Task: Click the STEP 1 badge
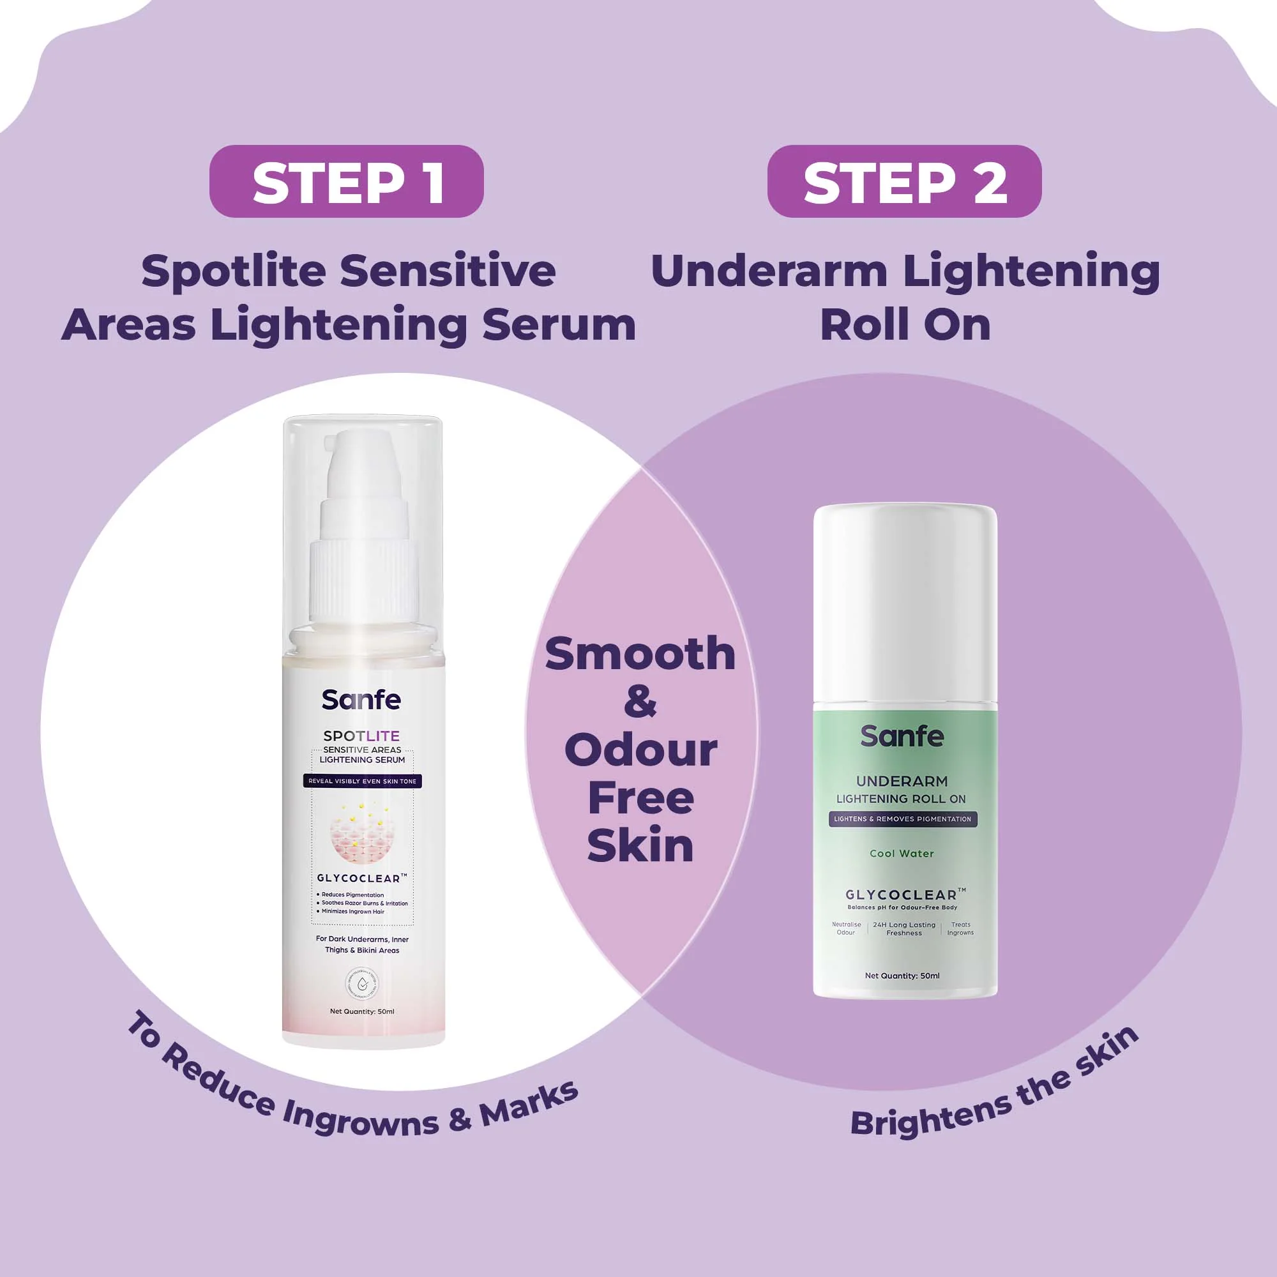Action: point(346,181)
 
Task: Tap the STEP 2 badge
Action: point(903,181)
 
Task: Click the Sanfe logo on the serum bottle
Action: point(361,700)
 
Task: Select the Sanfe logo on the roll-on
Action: point(902,736)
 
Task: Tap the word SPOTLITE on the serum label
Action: point(361,736)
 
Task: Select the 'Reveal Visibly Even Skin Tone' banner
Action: point(362,782)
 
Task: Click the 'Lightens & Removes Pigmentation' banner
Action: point(902,819)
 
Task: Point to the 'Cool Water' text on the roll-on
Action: point(902,853)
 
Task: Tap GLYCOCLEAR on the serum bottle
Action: point(361,879)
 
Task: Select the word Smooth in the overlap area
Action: point(640,654)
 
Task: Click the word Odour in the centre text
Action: point(640,750)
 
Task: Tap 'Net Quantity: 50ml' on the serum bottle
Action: point(361,1011)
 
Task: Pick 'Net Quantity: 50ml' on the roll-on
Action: point(902,976)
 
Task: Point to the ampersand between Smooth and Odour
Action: point(640,702)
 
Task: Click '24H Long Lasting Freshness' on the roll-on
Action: point(903,928)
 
